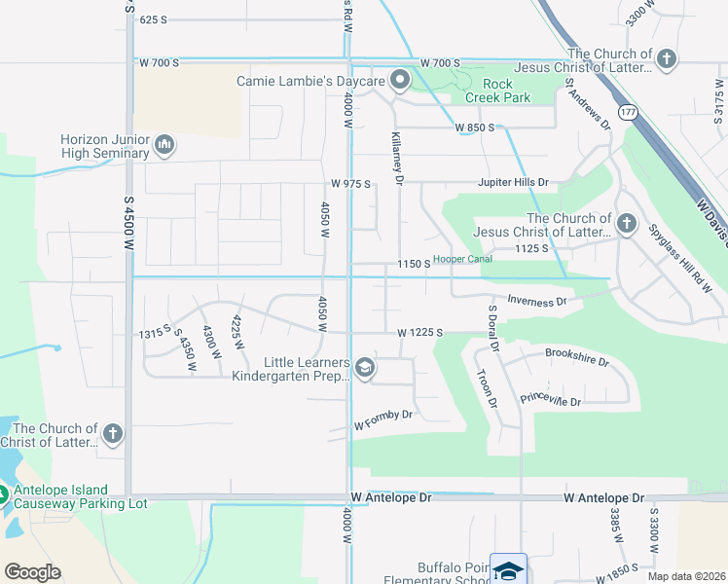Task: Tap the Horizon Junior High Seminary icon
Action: [x=164, y=146]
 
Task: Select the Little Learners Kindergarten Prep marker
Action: [x=364, y=367]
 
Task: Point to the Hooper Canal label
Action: [x=462, y=259]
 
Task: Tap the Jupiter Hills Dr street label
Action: [x=513, y=182]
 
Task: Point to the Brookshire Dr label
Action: [x=576, y=357]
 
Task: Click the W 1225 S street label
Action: [x=419, y=333]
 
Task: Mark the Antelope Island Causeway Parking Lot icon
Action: [x=3, y=494]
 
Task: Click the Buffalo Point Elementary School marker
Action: [x=508, y=569]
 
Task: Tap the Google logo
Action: [x=32, y=572]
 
